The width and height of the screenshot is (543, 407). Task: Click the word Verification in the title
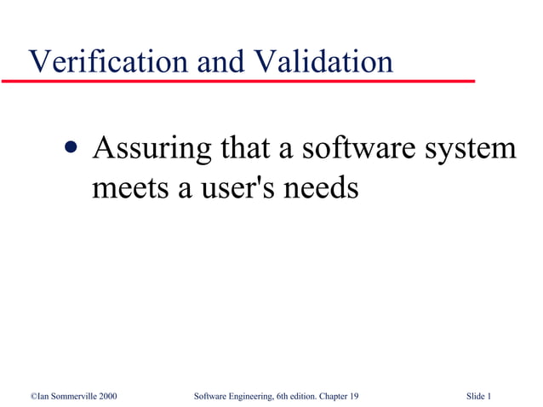click(x=107, y=61)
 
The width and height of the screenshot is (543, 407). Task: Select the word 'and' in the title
click(x=219, y=61)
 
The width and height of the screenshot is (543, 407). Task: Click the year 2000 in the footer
click(x=107, y=396)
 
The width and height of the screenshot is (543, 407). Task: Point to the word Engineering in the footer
click(x=249, y=396)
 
